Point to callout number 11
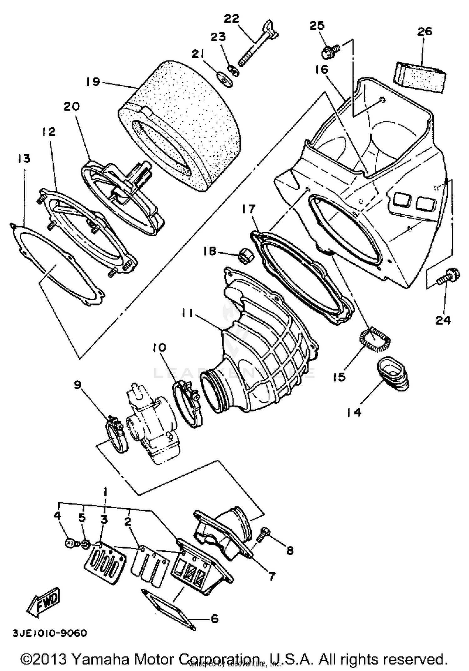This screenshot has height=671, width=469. pos(188,313)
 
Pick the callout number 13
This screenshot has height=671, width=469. pos(24,159)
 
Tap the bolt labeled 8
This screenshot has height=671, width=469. pos(263,534)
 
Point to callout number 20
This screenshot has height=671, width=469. pos(72,106)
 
